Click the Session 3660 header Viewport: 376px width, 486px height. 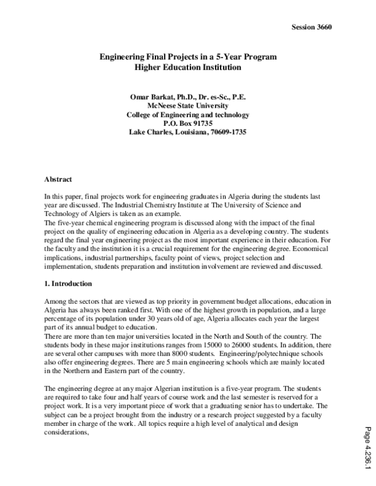coord(311,27)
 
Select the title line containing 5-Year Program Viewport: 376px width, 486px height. coord(188,57)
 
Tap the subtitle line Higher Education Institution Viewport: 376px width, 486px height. coord(188,67)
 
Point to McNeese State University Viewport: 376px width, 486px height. coord(188,106)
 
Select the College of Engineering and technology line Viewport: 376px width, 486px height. coord(188,115)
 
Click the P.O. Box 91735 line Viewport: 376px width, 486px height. coord(188,123)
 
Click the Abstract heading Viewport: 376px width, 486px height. coord(58,179)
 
